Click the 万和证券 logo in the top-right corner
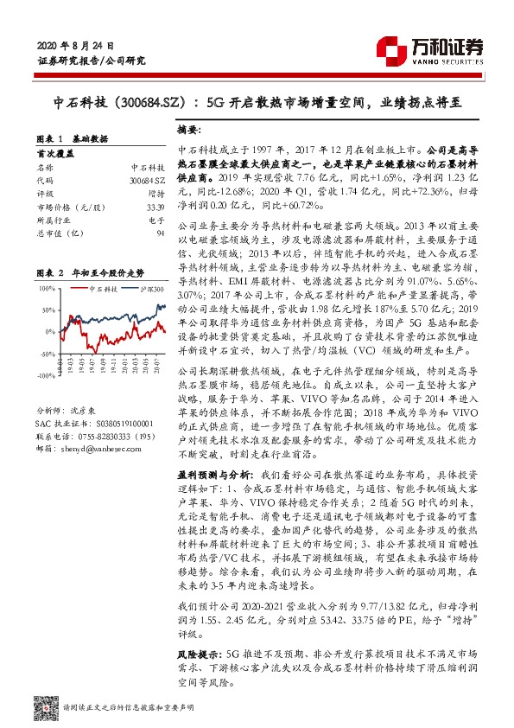tap(450, 48)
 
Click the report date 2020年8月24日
tap(77, 44)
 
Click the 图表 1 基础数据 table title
tap(77, 138)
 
